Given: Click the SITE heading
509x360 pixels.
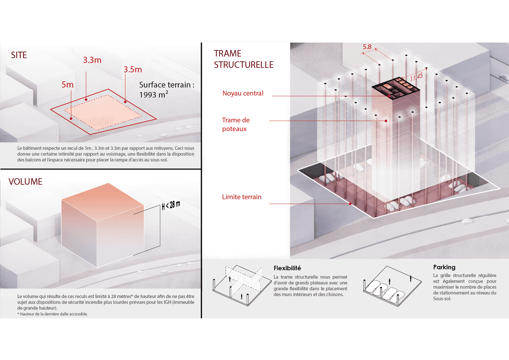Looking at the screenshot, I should pyautogui.click(x=19, y=55).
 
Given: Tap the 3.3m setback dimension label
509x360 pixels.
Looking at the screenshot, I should pyautogui.click(x=92, y=60).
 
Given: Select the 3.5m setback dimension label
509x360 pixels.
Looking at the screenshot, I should pyautogui.click(x=133, y=69).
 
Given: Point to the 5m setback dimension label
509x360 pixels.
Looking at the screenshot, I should pyautogui.click(x=67, y=85).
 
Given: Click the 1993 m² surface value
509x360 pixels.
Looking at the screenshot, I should pyautogui.click(x=153, y=95).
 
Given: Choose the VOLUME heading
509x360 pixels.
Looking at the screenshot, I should pyautogui.click(x=25, y=182).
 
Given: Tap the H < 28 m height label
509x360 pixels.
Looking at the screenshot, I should pyautogui.click(x=171, y=205).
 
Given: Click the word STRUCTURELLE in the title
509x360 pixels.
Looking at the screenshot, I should pyautogui.click(x=244, y=65).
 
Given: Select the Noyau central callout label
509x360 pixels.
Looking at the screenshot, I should pyautogui.click(x=243, y=93).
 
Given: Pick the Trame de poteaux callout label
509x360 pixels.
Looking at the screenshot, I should pyautogui.click(x=236, y=124).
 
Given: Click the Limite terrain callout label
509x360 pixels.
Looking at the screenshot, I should pyautogui.click(x=241, y=197).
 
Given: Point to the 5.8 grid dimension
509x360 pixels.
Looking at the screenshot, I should pyautogui.click(x=367, y=47).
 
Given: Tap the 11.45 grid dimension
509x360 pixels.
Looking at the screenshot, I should pyautogui.click(x=416, y=77).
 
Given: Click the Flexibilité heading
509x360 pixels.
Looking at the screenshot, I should pyautogui.click(x=287, y=268).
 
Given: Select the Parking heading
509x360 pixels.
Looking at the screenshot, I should pyautogui.click(x=444, y=267).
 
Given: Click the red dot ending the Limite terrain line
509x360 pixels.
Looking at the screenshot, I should pyautogui.click(x=350, y=204).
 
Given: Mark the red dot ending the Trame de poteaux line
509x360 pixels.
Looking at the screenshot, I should pyautogui.click(x=386, y=121).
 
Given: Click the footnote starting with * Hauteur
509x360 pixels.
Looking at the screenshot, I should pyautogui.click(x=52, y=314).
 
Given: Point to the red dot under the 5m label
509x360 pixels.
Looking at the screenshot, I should pyautogui.click(x=71, y=118).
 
